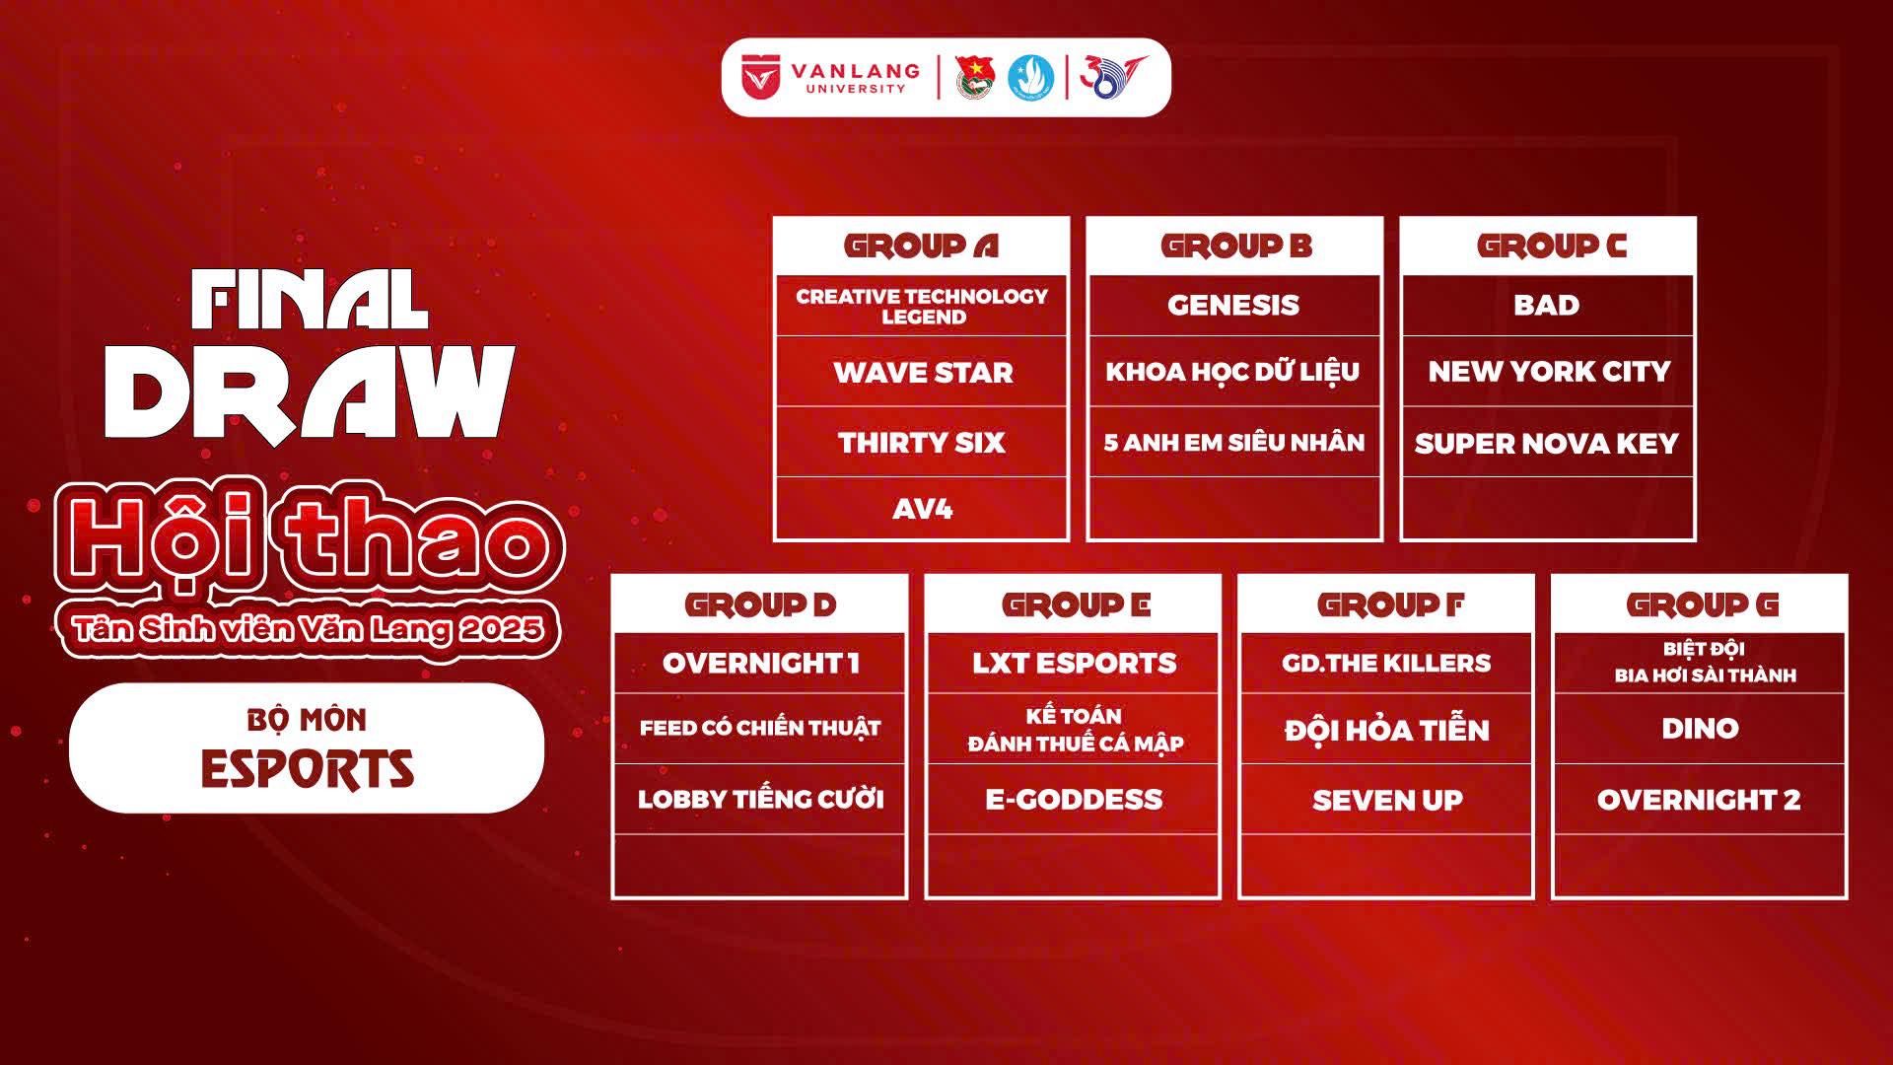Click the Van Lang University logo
pos(831,76)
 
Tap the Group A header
pos(921,246)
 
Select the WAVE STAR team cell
pos(923,372)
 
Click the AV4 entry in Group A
pos(923,509)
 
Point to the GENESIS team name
pos(1233,305)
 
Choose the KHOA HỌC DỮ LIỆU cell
pos(1232,372)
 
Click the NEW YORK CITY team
pos(1549,372)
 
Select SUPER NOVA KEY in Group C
pos(1546,444)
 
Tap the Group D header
pos(760,604)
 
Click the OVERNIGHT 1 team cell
pos(760,663)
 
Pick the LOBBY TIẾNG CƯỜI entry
pos(760,799)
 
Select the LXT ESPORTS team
pos(1074,663)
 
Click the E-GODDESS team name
pos(1074,799)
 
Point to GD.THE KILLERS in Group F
pos(1386,663)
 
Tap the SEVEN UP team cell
pos(1387,800)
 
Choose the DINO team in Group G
pos(1700,729)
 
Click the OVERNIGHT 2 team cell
pos(1699,800)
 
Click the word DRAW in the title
pos(310,392)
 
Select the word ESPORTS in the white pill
pos(307,769)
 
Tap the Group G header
pos(1703,604)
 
